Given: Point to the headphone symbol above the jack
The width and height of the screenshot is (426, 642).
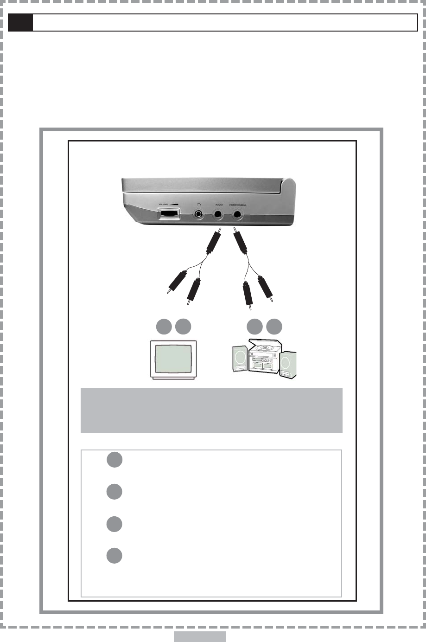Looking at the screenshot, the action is click(199, 204).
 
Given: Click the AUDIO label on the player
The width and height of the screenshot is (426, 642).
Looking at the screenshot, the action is click(219, 204).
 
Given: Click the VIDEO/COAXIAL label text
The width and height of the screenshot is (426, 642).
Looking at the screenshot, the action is click(238, 204).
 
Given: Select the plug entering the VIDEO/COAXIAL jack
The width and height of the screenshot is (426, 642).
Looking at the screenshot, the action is click(241, 242).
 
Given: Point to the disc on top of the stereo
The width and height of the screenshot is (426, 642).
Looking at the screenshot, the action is click(263, 346).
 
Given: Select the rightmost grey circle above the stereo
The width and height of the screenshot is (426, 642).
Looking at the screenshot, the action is click(274, 327).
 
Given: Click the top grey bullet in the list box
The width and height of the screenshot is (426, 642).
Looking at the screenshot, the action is click(114, 459).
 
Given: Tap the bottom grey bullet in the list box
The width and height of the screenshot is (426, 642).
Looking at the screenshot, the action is click(114, 556).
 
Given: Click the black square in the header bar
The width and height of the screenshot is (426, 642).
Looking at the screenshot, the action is click(21, 22).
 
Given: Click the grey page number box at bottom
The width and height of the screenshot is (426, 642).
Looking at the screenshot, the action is click(200, 636).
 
